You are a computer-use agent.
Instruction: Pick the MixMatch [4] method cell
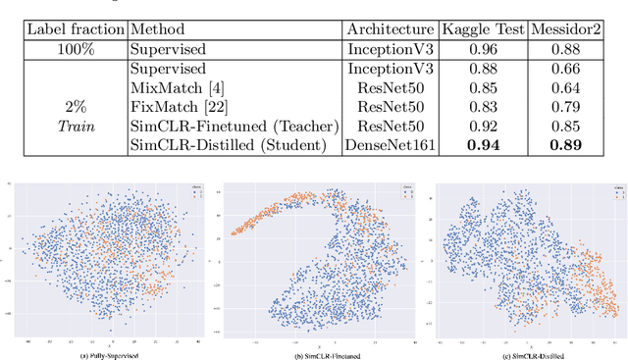point(172,88)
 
